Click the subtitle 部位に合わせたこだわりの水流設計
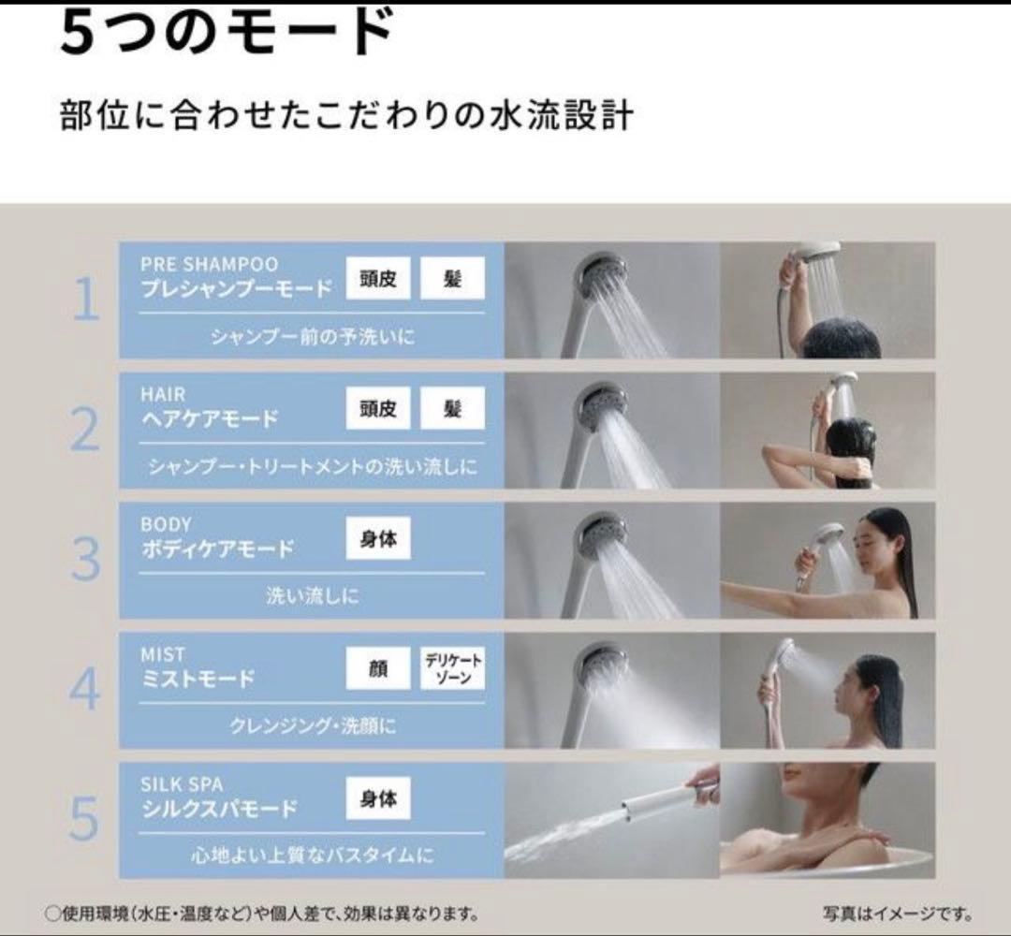346,118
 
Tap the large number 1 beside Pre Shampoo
85,300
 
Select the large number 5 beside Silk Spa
84,819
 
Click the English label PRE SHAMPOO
209,265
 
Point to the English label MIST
163,654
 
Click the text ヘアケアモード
209,419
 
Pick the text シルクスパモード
219,809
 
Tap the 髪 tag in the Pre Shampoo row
452,279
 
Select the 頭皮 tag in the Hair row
378,409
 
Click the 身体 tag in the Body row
378,539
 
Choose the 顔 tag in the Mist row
378,668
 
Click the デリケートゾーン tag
452,668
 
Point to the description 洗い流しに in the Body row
312,596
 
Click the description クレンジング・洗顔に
312,725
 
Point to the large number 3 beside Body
85,560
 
